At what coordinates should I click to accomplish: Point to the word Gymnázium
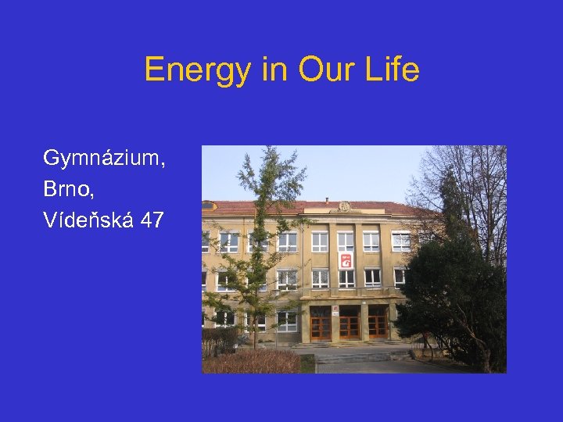104,159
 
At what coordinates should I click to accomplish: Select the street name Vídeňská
88,220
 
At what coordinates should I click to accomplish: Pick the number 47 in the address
152,220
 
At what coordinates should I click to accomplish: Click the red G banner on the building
345,261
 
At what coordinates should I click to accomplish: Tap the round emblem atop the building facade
344,206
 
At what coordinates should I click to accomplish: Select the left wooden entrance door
321,324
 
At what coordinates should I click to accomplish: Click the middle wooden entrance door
350,324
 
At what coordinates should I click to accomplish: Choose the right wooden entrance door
377,324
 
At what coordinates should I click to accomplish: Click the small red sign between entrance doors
335,310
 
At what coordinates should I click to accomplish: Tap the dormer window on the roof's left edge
208,206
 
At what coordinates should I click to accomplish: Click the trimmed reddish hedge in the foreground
250,361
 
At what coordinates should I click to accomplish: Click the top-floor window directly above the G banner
345,241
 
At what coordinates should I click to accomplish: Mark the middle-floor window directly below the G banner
345,278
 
